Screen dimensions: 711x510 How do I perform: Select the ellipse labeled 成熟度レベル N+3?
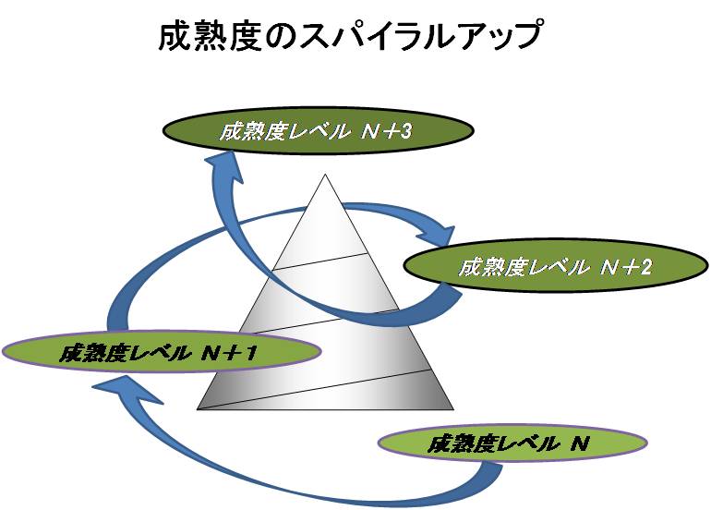point(319,130)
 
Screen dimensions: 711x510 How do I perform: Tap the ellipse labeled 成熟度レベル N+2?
point(556,266)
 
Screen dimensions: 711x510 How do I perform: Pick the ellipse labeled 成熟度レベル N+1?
point(162,352)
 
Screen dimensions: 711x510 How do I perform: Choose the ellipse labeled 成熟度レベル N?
point(512,443)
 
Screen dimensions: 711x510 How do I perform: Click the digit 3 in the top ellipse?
point(406,131)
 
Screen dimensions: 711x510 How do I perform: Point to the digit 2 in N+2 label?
point(645,267)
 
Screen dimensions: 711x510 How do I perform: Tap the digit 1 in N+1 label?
point(252,353)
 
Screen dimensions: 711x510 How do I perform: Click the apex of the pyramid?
point(325,175)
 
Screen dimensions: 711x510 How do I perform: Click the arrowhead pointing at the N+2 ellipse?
point(439,234)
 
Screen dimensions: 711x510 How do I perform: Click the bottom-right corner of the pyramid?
point(453,409)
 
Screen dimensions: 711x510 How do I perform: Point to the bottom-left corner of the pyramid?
point(198,409)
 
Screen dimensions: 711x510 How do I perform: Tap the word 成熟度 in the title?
point(211,35)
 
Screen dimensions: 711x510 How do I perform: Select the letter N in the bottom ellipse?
point(580,443)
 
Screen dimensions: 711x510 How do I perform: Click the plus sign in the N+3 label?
point(389,131)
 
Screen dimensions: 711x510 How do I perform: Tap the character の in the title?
point(281,35)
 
